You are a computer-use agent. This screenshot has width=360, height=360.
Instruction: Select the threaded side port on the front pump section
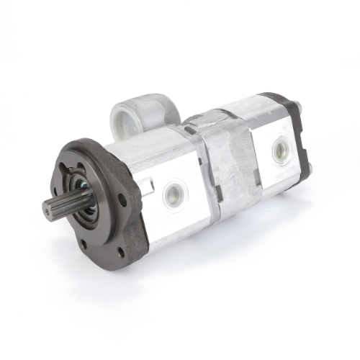174,192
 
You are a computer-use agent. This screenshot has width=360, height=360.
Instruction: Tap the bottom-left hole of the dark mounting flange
84,244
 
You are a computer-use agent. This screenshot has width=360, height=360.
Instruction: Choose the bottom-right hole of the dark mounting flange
120,251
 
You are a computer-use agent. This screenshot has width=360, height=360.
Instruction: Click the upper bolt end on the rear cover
297,108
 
